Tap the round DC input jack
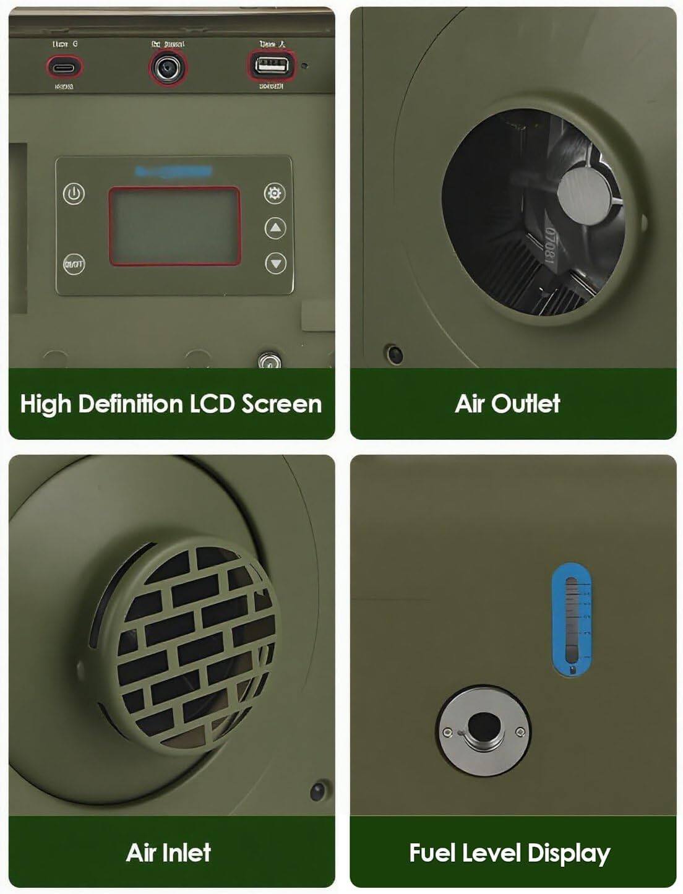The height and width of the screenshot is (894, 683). point(168,67)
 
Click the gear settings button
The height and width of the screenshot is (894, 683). point(274,194)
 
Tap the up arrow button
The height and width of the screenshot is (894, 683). point(275,228)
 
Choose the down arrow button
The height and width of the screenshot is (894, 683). point(275,264)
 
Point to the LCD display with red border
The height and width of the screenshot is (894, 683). point(174,226)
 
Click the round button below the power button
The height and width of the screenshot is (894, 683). point(74,264)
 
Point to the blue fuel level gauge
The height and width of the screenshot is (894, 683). point(570,619)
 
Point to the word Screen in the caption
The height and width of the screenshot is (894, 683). point(281,404)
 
